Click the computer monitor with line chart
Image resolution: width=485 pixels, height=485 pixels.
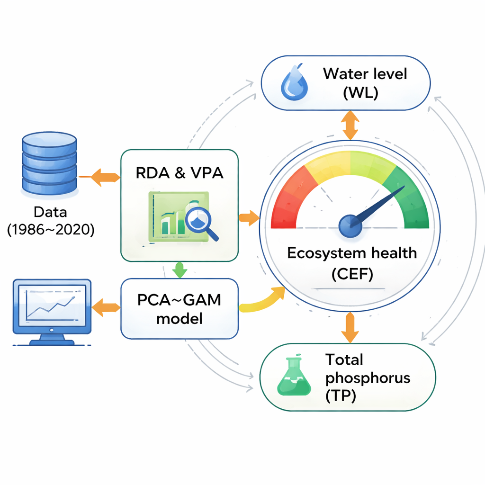[x=52, y=311]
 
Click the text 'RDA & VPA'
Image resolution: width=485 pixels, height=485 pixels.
[x=180, y=173]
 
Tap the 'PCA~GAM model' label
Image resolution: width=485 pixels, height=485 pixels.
[x=179, y=309]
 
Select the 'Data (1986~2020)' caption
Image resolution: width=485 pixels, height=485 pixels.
[x=51, y=221]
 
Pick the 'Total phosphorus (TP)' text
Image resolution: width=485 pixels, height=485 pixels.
[x=368, y=378]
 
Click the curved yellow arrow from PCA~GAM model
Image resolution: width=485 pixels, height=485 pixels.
[x=263, y=301]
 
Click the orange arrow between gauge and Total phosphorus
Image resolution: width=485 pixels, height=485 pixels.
[x=350, y=327]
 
